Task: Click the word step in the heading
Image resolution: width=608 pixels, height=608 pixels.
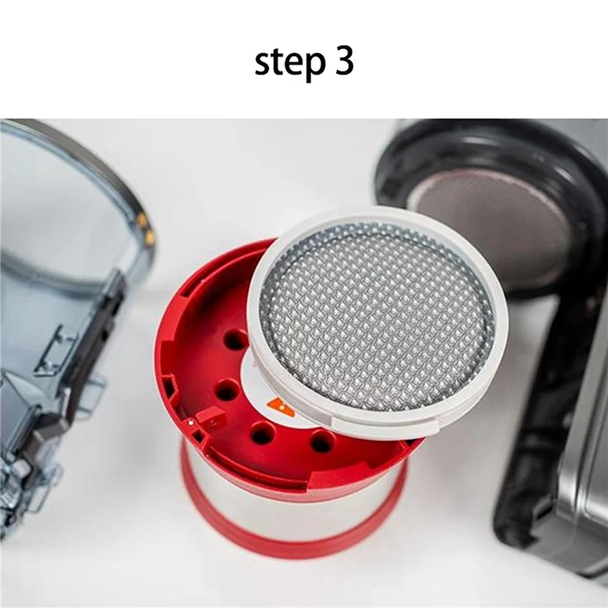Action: (x=285, y=64)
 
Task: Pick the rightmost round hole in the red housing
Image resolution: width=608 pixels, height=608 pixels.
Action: (x=322, y=442)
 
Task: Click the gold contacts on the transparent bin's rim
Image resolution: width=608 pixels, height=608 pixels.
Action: (x=144, y=228)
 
